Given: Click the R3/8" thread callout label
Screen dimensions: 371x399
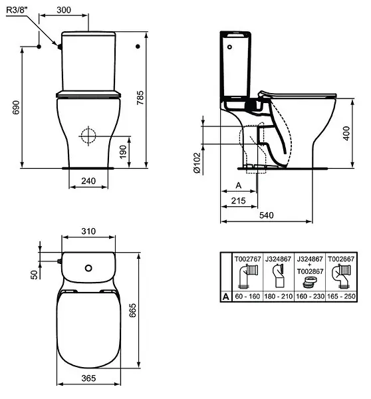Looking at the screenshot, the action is click(x=17, y=10).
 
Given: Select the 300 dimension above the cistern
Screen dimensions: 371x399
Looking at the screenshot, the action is click(x=64, y=10).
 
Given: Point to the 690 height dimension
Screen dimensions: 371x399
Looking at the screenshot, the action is click(x=16, y=107).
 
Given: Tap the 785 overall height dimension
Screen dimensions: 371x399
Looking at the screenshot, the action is click(x=140, y=98).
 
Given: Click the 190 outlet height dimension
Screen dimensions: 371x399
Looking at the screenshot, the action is click(x=123, y=152).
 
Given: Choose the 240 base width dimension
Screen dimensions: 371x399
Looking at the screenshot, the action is click(x=88, y=181).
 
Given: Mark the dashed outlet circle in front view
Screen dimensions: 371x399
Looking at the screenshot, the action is click(x=88, y=136).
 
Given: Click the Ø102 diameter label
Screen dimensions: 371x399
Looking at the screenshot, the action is click(x=197, y=163).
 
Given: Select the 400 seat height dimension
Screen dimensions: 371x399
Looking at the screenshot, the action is click(x=346, y=133).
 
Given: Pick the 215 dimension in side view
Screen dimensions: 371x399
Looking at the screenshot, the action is click(x=239, y=201).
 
